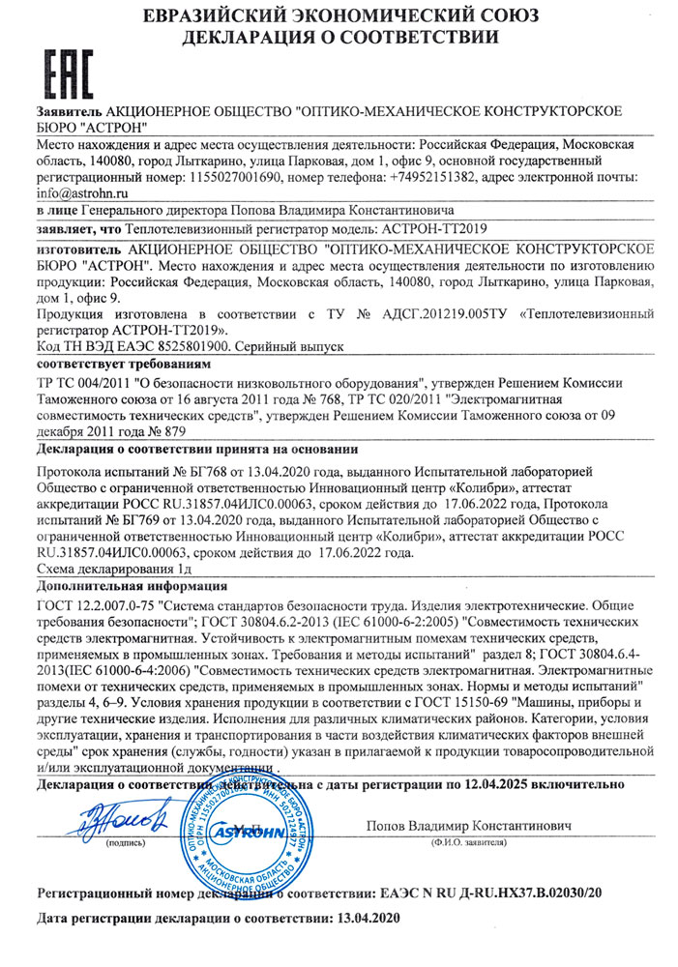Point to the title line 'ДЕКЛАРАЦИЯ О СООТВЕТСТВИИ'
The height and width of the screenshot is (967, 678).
point(340,39)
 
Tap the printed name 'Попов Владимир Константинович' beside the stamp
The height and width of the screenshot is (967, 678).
point(469,826)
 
